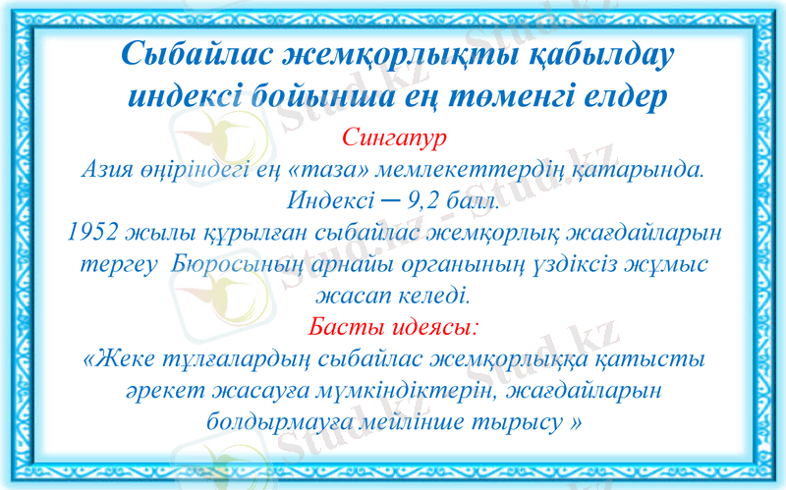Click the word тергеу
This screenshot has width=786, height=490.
(117, 264)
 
